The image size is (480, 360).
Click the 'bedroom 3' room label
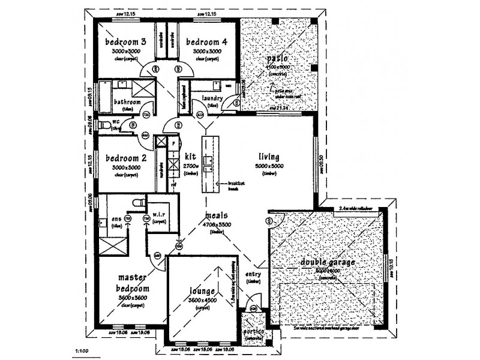point(125,42)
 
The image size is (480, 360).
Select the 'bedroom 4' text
point(206,42)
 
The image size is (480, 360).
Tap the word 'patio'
point(277,59)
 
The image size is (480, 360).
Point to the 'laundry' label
point(213,98)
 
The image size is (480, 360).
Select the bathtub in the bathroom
point(105,97)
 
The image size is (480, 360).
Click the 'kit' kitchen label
point(191,157)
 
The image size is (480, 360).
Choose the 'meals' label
point(215,215)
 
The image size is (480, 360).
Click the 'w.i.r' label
point(159,214)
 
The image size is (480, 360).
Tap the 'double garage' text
point(328,262)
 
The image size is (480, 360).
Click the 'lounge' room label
point(193,292)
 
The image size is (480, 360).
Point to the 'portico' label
point(253,331)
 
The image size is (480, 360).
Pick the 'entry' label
point(253,275)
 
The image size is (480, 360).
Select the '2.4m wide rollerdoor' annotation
point(356,208)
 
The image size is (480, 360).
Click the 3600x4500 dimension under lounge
point(193,301)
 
